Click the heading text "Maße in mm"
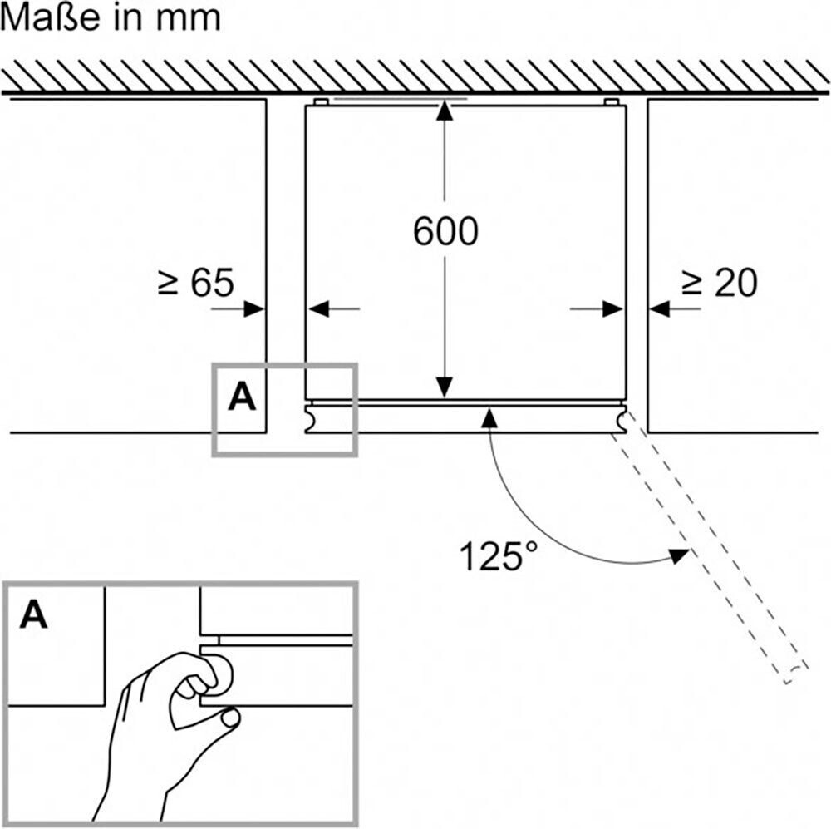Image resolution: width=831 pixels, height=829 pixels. point(111,17)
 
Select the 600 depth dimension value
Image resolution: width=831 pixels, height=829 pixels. point(445,231)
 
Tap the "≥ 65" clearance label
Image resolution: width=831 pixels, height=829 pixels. point(195,282)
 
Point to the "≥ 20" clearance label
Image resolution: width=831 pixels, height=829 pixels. point(719,282)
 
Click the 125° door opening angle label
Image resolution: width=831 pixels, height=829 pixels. point(498,555)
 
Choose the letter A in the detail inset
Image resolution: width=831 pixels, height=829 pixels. point(33,614)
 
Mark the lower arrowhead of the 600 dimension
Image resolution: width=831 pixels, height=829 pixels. point(445,387)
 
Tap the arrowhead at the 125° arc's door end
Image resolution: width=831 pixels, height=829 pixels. point(680,555)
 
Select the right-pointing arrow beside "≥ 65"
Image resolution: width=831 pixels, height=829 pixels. point(238,308)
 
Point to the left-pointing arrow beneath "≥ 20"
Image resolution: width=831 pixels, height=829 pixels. point(675,308)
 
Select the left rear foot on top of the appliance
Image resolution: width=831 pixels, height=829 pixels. point(321,101)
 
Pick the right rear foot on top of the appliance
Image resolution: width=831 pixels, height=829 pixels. point(612,101)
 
